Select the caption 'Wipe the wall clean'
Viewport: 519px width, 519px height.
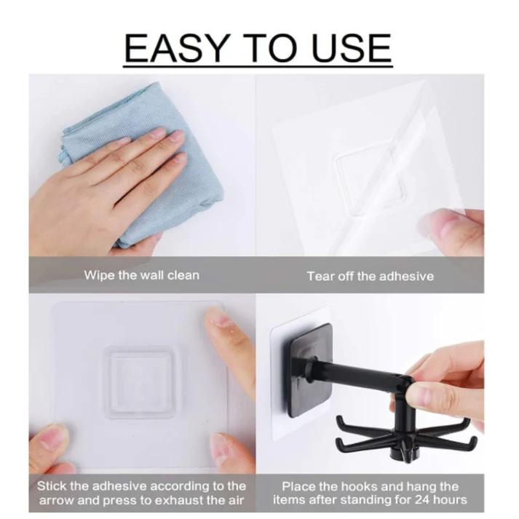pyautogui.click(x=141, y=276)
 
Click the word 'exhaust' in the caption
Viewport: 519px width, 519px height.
pyautogui.click(x=199, y=500)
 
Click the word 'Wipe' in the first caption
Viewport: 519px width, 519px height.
pyautogui.click(x=97, y=276)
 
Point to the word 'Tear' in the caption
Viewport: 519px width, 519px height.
pyautogui.click(x=320, y=276)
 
